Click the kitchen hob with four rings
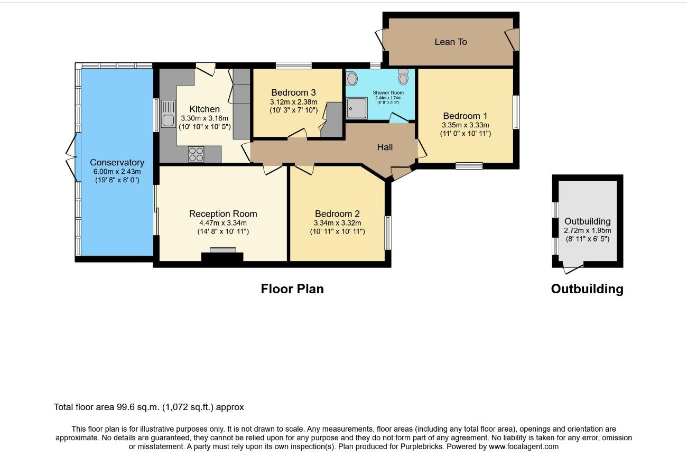pyautogui.click(x=196, y=154)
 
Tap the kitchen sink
pyautogui.click(x=168, y=114)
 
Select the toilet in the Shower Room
pyautogui.click(x=403, y=77)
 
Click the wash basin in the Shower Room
pyautogui.click(x=352, y=79)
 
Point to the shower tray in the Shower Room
pyautogui.click(x=357, y=108)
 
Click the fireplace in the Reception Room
pyautogui.click(x=222, y=255)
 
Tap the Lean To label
pyautogui.click(x=451, y=42)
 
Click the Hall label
pyautogui.click(x=385, y=147)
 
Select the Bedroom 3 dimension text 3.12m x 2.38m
pyautogui.click(x=293, y=102)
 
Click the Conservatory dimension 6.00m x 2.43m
pyautogui.click(x=117, y=171)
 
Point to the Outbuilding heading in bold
pyautogui.click(x=587, y=289)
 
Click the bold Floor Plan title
pyautogui.click(x=292, y=289)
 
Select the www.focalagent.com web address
pyautogui.click(x=524, y=446)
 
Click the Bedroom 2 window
pyautogui.click(x=388, y=232)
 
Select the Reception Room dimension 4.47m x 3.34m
pyautogui.click(x=223, y=223)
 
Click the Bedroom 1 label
pyautogui.click(x=465, y=116)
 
